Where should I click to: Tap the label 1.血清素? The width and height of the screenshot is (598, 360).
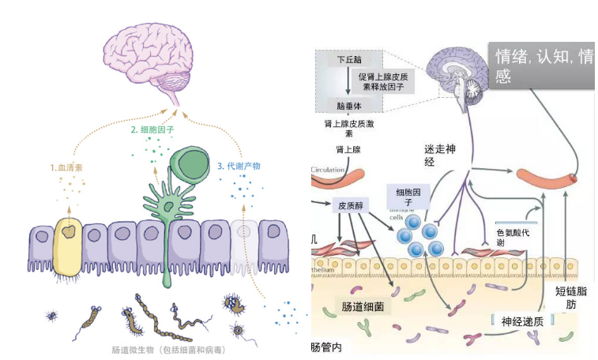coord(68,167)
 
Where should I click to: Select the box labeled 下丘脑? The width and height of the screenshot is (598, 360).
coord(346,59)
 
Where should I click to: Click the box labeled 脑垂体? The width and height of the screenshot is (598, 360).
coord(347,106)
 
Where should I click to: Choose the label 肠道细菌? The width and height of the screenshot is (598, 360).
coord(363,306)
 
